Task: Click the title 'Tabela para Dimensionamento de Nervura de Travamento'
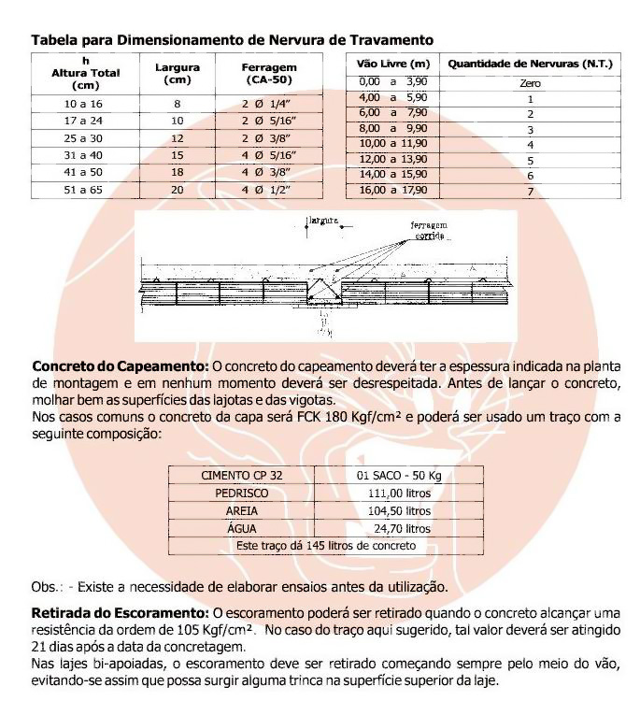click(x=232, y=40)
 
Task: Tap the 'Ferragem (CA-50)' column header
click(x=269, y=73)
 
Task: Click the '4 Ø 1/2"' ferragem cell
click(x=269, y=190)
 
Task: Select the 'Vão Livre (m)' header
click(x=393, y=64)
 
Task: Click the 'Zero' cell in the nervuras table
click(x=530, y=83)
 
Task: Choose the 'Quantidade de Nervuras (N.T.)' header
click(x=530, y=64)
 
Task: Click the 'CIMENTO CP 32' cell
click(x=242, y=475)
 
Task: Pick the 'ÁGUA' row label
click(x=242, y=528)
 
